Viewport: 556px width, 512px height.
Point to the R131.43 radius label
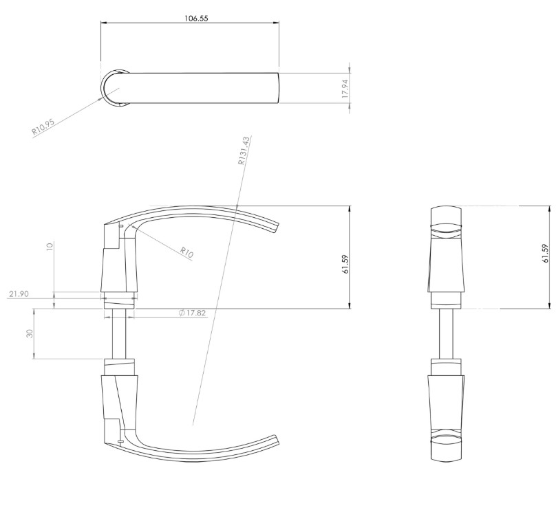click(244, 151)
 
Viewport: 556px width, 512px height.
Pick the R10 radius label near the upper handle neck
click(186, 252)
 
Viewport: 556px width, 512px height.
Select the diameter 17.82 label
click(192, 313)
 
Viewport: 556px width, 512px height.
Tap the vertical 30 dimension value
click(30, 333)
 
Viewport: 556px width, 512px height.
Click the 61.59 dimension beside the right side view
click(545, 254)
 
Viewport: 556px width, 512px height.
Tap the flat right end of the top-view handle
click(277, 88)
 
